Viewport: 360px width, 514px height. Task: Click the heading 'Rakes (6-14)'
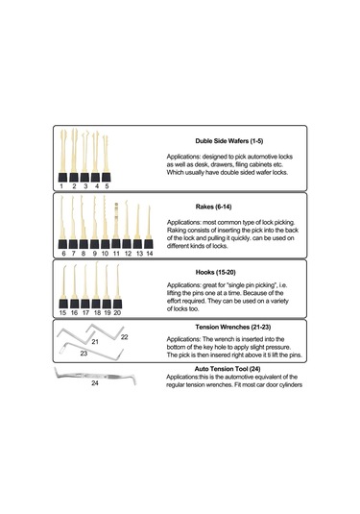213,207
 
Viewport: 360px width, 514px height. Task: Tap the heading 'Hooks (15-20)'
216,272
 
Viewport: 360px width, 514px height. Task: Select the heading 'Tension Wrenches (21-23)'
233,327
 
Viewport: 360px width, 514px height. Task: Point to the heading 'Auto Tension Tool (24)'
228,369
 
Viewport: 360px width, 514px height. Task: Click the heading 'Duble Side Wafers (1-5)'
229,141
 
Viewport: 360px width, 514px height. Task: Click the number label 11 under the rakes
116,254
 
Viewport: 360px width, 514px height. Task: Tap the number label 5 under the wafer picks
107,186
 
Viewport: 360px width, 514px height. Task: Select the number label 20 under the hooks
117,313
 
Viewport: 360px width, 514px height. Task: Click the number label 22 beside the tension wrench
124,337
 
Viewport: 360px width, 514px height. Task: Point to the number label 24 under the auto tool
95,383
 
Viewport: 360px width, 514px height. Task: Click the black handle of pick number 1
63,178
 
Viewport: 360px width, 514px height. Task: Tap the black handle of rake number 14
149,244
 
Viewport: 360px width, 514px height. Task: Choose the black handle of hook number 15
63,304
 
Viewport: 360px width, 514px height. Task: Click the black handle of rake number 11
116,244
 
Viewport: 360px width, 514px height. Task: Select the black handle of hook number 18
96,304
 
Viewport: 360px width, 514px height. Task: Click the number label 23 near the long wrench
84,354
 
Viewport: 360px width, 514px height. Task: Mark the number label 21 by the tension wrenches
95,342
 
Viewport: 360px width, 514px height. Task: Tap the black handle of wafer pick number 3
84,178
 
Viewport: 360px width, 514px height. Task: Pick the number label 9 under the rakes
95,254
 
